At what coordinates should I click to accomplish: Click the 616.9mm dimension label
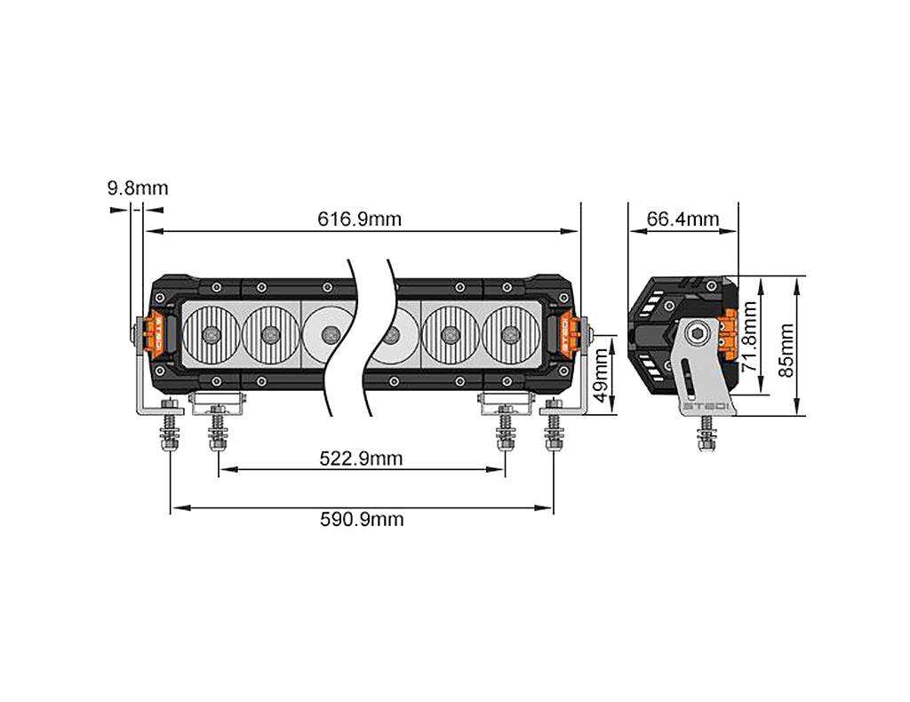point(359,219)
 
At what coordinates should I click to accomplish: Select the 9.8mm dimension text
point(137,188)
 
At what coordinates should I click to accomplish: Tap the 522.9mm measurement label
point(361,459)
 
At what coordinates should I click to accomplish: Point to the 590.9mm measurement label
point(361,519)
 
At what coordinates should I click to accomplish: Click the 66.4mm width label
point(682,219)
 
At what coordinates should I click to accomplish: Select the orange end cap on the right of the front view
point(566,334)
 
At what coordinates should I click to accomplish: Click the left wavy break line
point(343,338)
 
